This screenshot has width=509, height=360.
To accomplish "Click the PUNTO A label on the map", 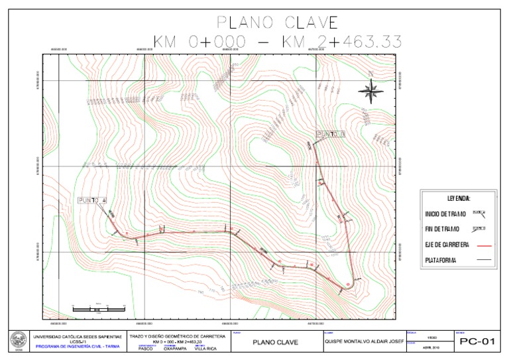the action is [92, 200].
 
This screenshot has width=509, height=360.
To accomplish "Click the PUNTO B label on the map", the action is [332, 135].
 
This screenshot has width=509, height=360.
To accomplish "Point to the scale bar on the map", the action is [98, 308].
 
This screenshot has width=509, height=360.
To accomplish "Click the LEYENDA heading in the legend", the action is [454, 198].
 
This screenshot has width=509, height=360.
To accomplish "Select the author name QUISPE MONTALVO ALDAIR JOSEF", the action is [365, 343].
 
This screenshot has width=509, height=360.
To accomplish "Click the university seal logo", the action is [15, 341].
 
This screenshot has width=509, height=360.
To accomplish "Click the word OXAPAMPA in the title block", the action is [172, 349].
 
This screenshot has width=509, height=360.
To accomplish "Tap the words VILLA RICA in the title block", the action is [205, 349].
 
